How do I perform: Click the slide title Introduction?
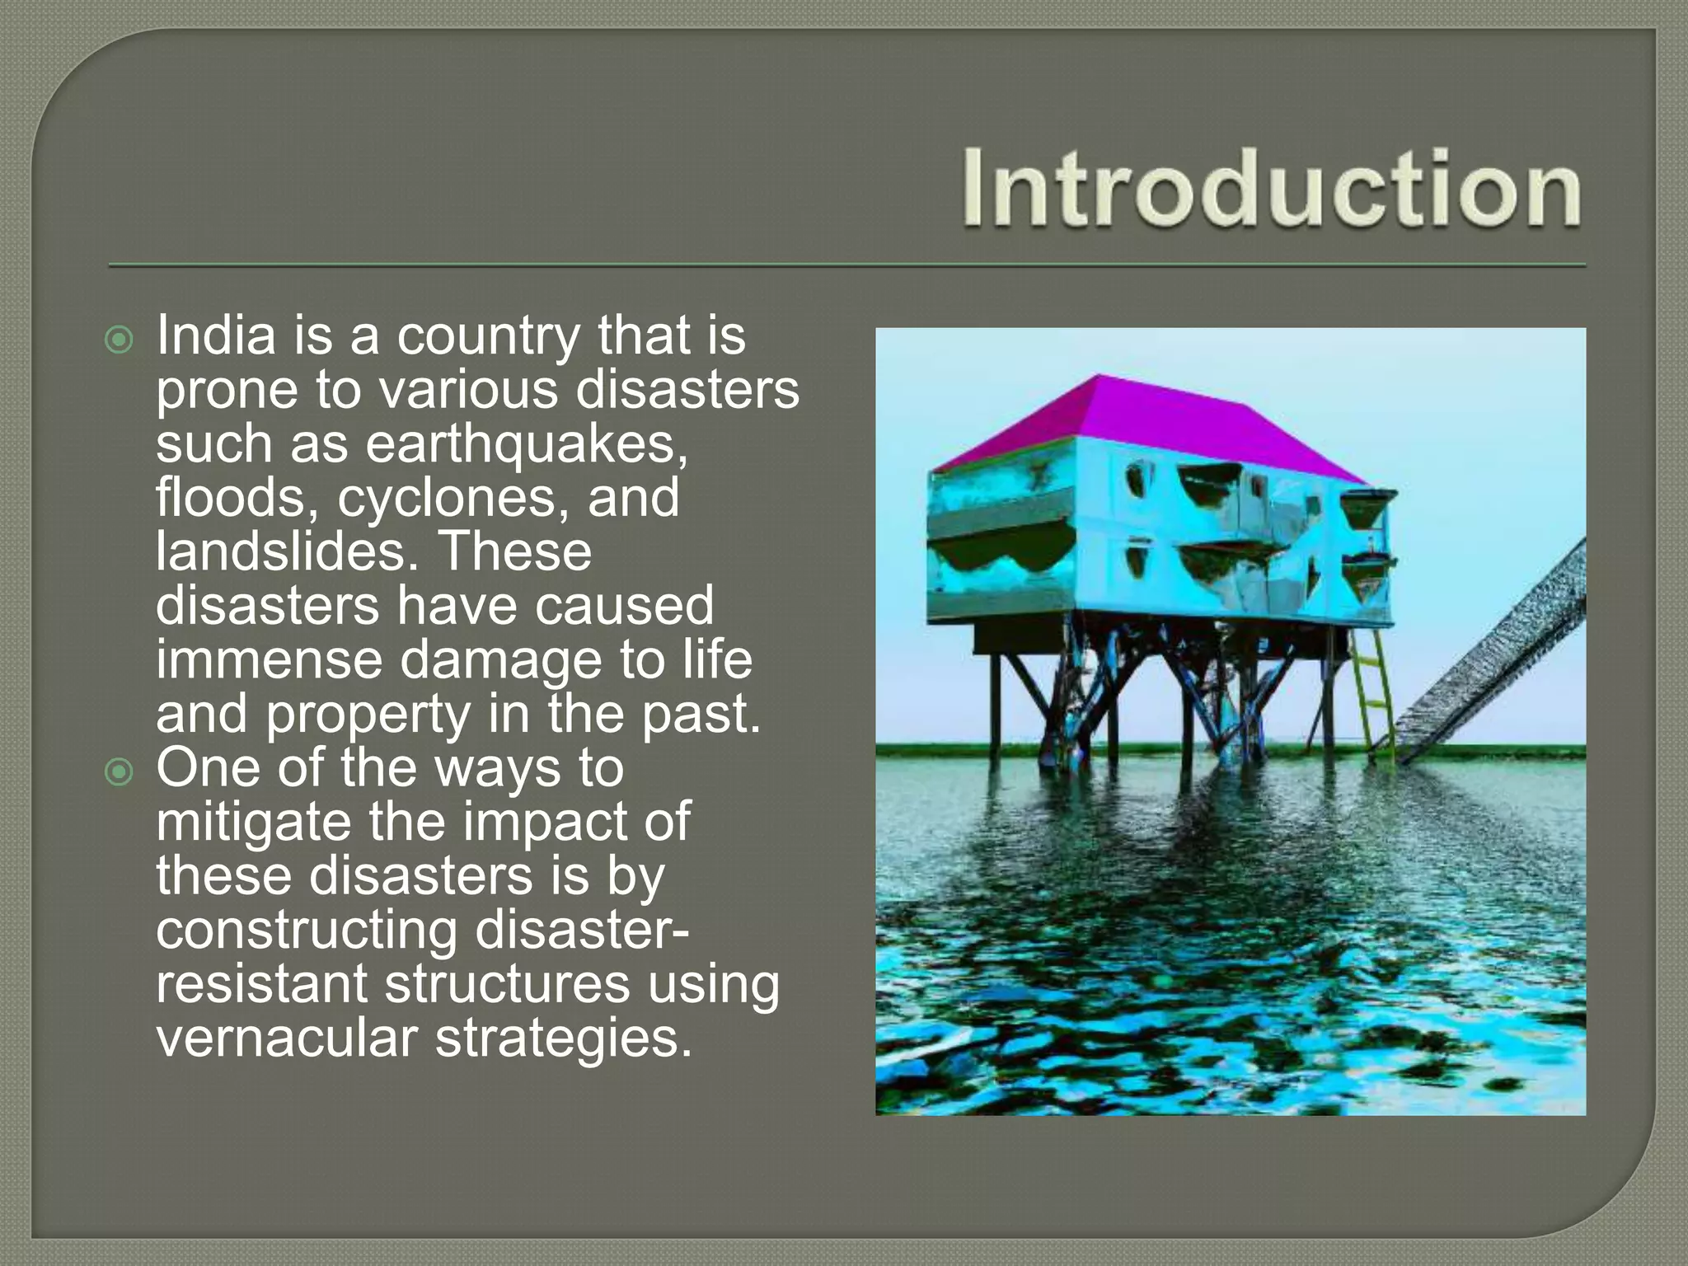(x=1271, y=188)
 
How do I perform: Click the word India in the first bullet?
(x=216, y=336)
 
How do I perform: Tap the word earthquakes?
(x=526, y=444)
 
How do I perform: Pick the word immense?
(x=270, y=661)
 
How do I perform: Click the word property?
(x=368, y=715)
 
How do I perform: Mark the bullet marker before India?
(x=120, y=340)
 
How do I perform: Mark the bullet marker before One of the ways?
(x=120, y=772)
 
